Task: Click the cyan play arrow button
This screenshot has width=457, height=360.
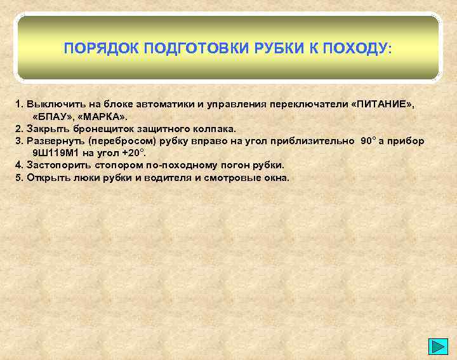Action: [x=439, y=347]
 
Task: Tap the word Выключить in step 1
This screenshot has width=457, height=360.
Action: [x=52, y=102]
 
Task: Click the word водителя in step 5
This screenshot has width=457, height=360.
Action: [x=168, y=177]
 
